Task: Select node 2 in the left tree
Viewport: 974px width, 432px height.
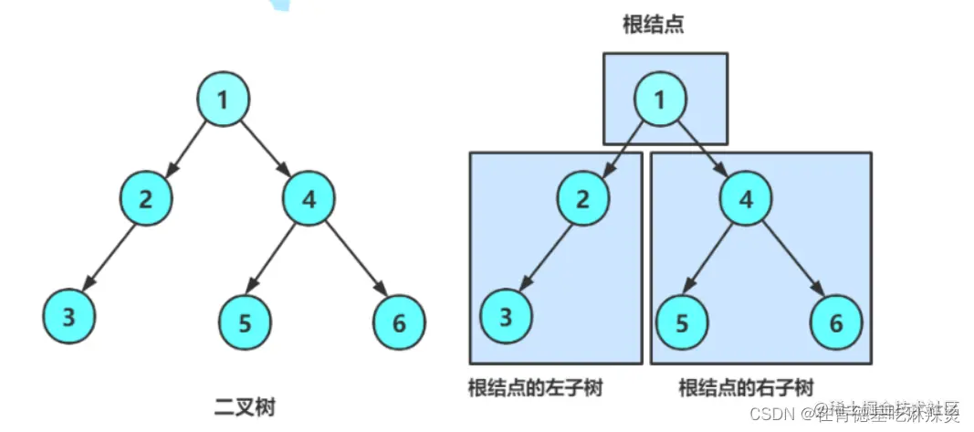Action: (x=146, y=197)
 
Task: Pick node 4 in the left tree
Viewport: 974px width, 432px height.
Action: (x=310, y=197)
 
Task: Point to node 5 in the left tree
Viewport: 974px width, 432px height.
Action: (x=246, y=321)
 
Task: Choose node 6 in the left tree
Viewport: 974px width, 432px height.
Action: (x=400, y=321)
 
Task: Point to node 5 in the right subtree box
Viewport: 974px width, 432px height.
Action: (x=684, y=321)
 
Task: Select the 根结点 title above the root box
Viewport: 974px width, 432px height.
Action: (x=654, y=25)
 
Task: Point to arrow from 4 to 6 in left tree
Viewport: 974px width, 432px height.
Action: (x=354, y=258)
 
